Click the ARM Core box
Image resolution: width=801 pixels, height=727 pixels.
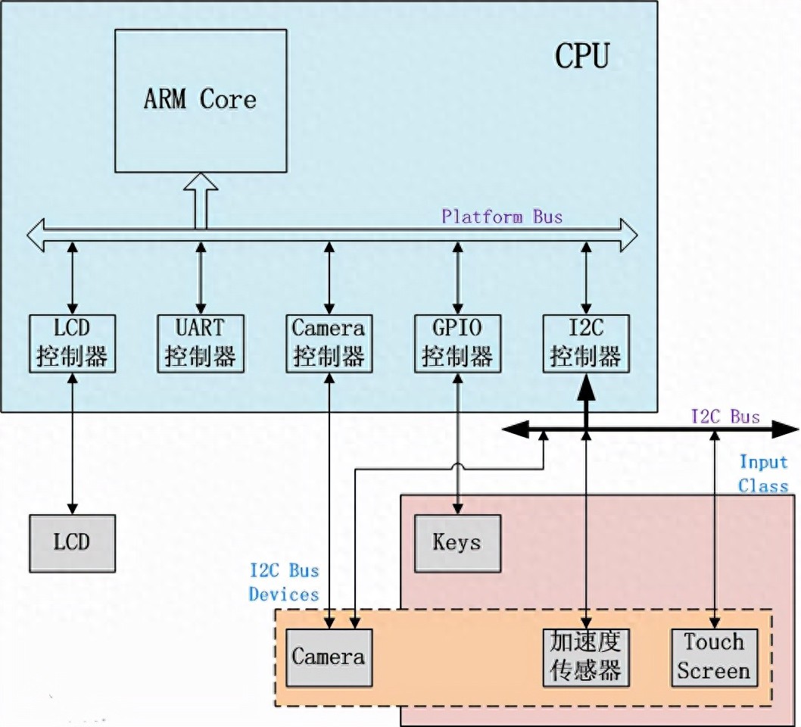[201, 101]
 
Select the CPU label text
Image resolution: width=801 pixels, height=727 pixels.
[581, 56]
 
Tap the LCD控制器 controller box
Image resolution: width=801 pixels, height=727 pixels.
[73, 343]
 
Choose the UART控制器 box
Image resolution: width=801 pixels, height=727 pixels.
[201, 343]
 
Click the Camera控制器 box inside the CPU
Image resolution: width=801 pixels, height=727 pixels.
[329, 343]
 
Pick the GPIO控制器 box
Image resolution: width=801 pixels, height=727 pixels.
[457, 343]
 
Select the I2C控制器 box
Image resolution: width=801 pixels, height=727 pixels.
[586, 343]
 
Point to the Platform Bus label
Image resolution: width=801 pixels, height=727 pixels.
[502, 217]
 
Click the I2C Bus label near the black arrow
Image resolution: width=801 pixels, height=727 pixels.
[725, 416]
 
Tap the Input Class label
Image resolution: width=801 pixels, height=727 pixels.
[763, 474]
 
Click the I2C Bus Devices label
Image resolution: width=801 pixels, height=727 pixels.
[284, 582]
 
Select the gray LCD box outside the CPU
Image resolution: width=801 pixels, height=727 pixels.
[73, 543]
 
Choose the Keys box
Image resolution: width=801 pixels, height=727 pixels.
[457, 543]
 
